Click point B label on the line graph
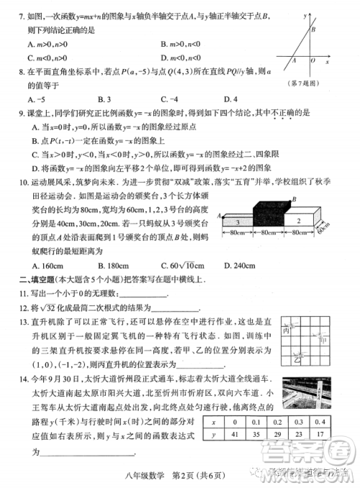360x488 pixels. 312,30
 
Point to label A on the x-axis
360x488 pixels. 293,61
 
